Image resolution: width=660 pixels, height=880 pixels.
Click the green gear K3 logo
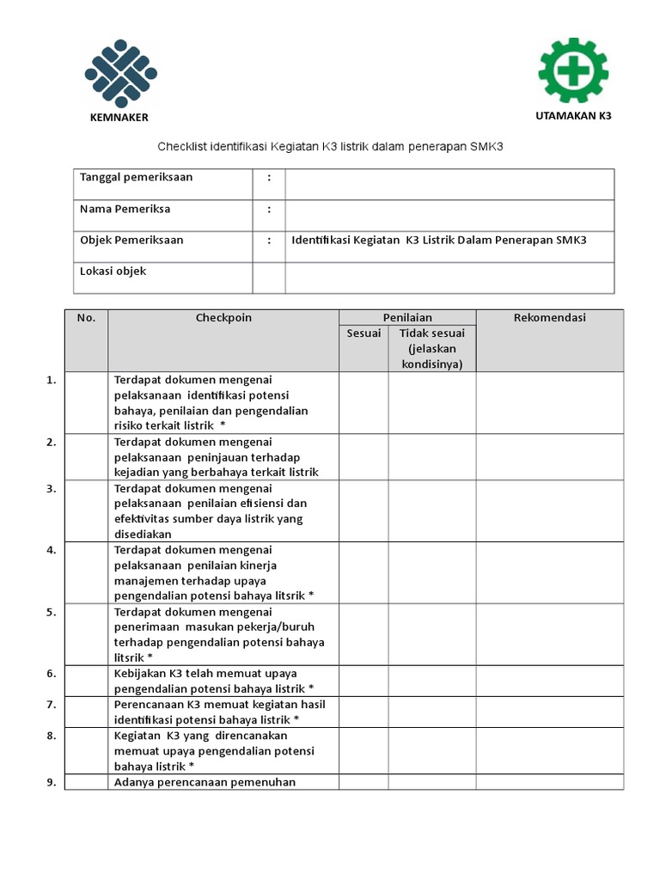pyautogui.click(x=573, y=69)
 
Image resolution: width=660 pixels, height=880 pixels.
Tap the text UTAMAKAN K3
pyautogui.click(x=573, y=115)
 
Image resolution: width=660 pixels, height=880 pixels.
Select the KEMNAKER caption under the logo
pyautogui.click(x=119, y=118)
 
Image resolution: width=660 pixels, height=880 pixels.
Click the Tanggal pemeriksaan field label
pyautogui.click(x=136, y=178)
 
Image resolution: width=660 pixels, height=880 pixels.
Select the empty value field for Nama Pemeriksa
pyautogui.click(x=449, y=215)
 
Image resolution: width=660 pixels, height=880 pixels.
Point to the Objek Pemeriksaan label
pyautogui.click(x=131, y=241)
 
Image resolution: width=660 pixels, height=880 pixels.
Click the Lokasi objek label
pyautogui.click(x=113, y=272)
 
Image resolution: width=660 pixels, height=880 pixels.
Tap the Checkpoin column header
pyautogui.click(x=223, y=318)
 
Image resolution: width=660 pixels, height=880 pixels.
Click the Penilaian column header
pyautogui.click(x=406, y=318)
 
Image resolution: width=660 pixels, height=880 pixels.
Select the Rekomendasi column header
pyautogui.click(x=549, y=318)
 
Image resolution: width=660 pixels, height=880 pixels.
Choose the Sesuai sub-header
pyautogui.click(x=364, y=333)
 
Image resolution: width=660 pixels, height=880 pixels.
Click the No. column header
pyautogui.click(x=86, y=318)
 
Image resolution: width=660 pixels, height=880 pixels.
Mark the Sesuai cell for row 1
pyautogui.click(x=364, y=402)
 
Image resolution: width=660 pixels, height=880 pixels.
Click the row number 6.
pyautogui.click(x=52, y=674)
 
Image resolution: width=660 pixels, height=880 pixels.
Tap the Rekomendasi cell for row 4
pyautogui.click(x=549, y=572)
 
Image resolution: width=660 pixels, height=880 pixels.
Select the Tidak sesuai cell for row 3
pyautogui.click(x=431, y=510)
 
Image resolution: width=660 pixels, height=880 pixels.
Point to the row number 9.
pyautogui.click(x=52, y=782)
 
